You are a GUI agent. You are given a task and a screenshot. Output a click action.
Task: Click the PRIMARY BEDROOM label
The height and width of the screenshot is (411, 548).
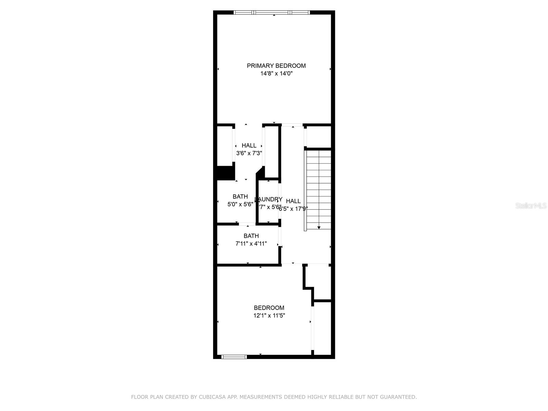pyautogui.click(x=276, y=66)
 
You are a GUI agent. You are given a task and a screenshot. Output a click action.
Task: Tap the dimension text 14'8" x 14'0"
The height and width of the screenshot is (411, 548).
pyautogui.click(x=276, y=74)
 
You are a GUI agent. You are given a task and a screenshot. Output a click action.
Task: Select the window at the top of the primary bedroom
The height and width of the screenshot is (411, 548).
pyautogui.click(x=272, y=13)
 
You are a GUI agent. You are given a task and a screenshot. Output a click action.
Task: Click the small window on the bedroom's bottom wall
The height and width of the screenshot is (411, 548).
pyautogui.click(x=234, y=357)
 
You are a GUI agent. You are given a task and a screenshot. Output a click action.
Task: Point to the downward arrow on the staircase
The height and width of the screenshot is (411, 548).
pyautogui.click(x=319, y=227)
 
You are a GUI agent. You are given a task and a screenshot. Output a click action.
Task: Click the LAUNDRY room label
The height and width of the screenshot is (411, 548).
pyautogui.click(x=269, y=199)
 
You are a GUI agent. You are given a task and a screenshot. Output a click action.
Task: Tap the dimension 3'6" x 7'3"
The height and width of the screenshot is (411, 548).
pyautogui.click(x=249, y=153)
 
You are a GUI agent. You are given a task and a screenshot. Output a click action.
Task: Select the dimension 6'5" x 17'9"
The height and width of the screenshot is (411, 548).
pyautogui.click(x=293, y=209)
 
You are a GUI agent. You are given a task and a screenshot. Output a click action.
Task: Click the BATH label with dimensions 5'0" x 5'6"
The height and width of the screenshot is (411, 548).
pyautogui.click(x=240, y=197)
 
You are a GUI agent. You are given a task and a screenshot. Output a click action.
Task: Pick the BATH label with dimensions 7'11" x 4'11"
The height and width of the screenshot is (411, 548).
pyautogui.click(x=251, y=236)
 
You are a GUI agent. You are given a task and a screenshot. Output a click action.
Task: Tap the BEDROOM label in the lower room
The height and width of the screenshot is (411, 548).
pyautogui.click(x=269, y=308)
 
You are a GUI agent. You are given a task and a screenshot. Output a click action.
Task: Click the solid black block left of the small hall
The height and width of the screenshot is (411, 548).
pyautogui.click(x=225, y=173)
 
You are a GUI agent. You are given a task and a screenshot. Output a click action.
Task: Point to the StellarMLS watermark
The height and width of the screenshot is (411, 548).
pyautogui.click(x=531, y=206)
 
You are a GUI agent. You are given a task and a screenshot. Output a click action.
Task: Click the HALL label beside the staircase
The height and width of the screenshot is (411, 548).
pyautogui.click(x=293, y=201)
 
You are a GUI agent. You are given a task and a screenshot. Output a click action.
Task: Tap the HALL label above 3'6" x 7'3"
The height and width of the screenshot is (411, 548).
pyautogui.click(x=249, y=146)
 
